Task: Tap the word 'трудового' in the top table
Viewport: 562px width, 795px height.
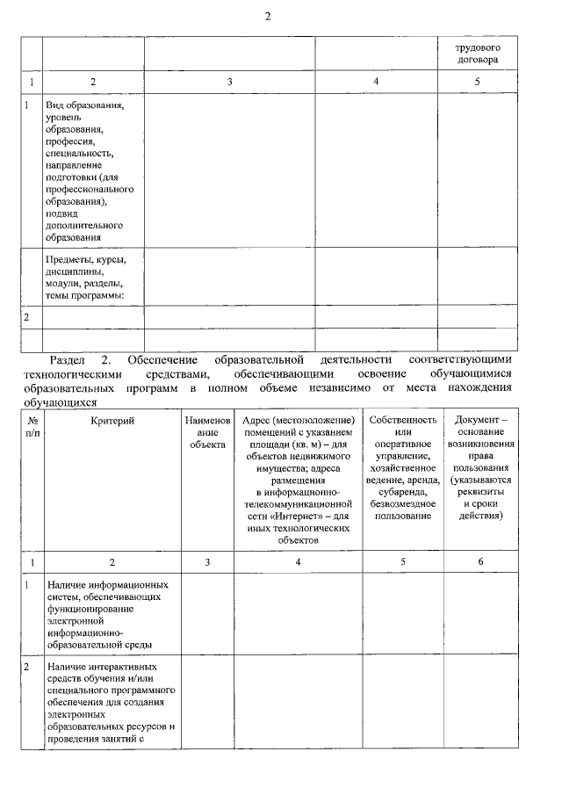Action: coord(478,47)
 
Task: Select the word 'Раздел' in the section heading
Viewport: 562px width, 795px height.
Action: coord(68,360)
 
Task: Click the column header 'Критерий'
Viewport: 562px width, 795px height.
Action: coord(112,421)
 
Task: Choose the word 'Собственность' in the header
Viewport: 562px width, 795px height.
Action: coord(403,421)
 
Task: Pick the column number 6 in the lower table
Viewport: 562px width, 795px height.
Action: coord(479,561)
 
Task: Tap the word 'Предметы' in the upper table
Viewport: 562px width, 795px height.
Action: coord(69,259)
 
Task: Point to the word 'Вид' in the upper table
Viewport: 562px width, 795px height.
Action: coord(54,105)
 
